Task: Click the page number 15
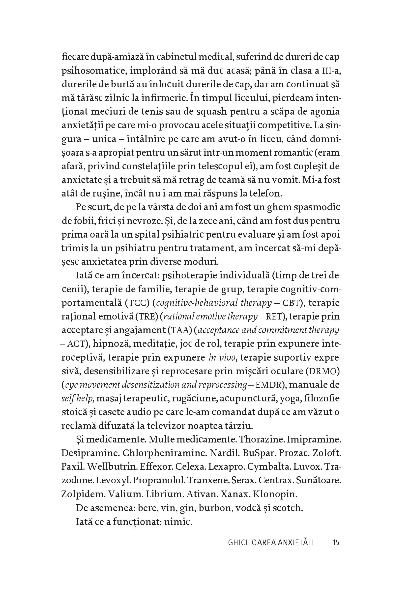click(x=335, y=542)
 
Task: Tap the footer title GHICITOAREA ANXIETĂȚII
click(x=272, y=542)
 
